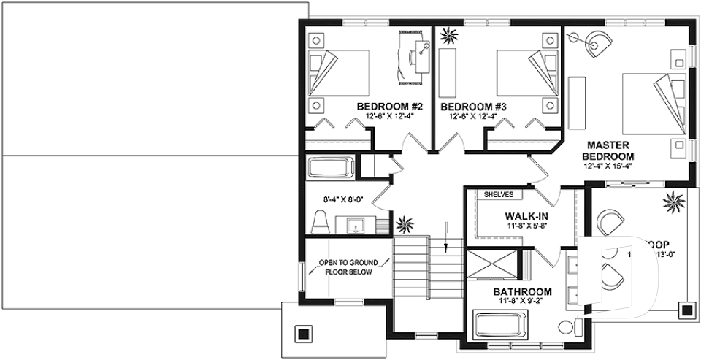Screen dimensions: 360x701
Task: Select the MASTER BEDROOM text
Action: point(607,150)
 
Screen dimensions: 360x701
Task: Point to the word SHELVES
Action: point(499,195)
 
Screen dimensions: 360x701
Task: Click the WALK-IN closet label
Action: point(526,217)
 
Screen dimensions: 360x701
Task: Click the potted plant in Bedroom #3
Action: point(446,34)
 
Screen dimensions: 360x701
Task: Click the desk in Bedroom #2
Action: point(415,55)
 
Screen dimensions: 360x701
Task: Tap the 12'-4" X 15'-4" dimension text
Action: point(607,166)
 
